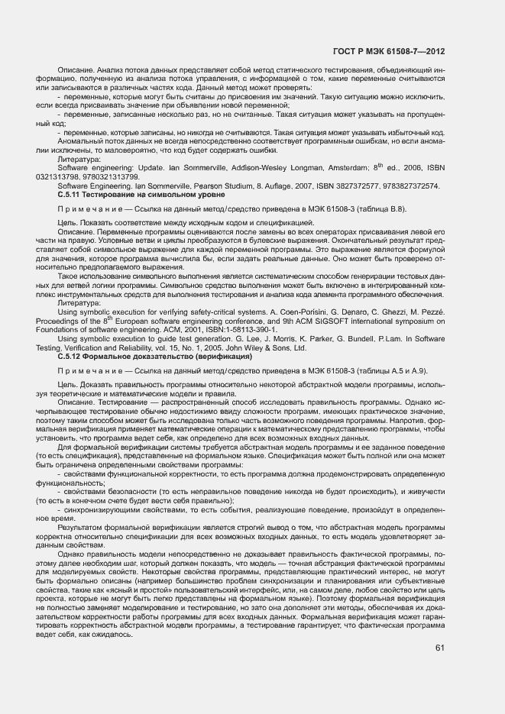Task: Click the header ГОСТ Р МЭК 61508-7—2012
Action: pyautogui.click(x=390, y=52)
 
